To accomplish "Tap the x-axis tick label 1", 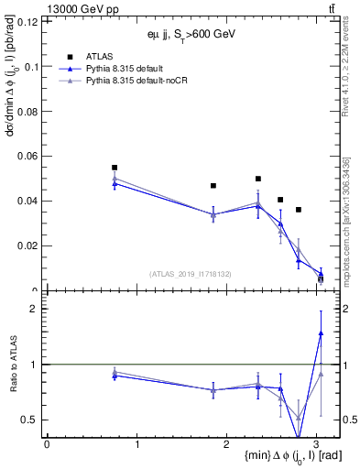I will (x=136, y=443).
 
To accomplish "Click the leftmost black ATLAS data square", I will (x=115, y=168).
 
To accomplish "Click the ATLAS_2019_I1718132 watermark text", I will (x=190, y=273).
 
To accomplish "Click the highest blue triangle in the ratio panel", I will (x=321, y=333).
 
